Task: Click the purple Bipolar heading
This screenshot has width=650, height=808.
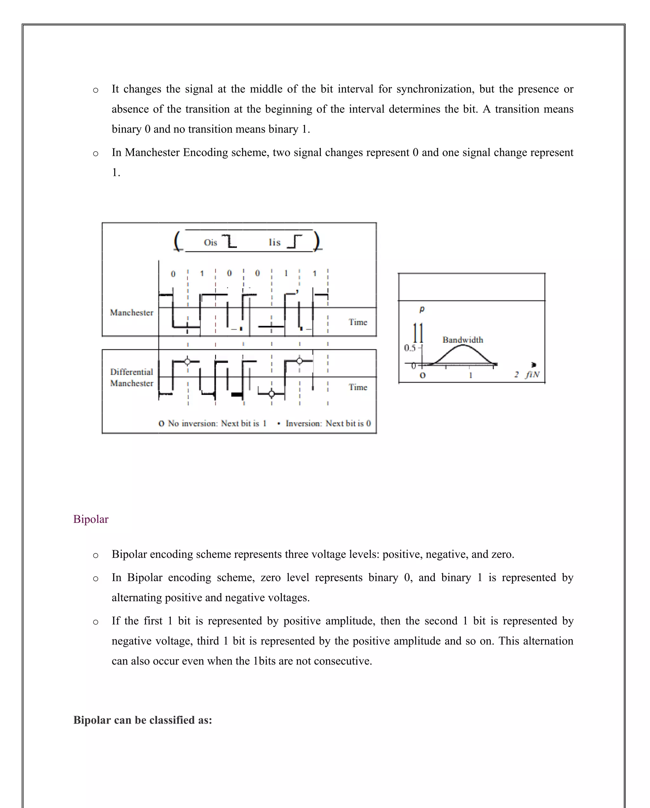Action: pos(91,519)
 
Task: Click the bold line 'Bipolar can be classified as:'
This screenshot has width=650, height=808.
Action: pos(143,720)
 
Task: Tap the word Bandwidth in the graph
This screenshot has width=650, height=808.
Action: pos(463,340)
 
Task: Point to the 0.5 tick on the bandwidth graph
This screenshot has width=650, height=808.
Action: pos(410,348)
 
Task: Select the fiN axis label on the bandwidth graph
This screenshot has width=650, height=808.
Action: pos(532,374)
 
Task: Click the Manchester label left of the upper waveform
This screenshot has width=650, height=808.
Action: pos(131,312)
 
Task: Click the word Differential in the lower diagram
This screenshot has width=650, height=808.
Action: pos(131,372)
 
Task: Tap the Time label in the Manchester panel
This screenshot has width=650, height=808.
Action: pos(358,322)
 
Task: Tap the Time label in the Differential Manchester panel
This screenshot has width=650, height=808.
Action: pos(358,387)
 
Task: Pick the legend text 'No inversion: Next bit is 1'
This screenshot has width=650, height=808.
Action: pos(217,424)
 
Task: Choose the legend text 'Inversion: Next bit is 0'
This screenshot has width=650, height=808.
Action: pos(328,424)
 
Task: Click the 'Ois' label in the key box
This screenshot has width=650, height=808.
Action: pos(210,243)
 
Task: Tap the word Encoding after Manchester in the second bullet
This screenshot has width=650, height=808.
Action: pos(205,152)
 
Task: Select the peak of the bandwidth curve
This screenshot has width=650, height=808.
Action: pos(463,345)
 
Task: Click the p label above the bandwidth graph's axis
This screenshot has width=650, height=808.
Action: pos(422,309)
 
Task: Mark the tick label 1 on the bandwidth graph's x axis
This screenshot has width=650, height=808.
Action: pos(471,375)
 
